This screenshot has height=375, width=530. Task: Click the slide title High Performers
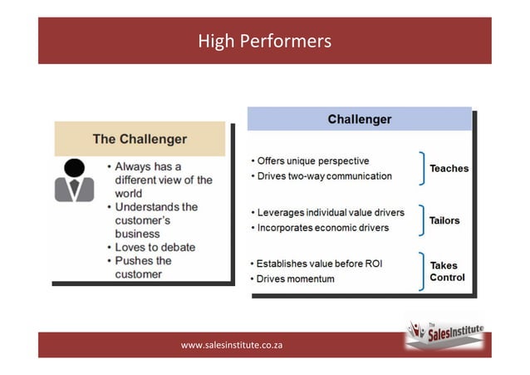(264, 41)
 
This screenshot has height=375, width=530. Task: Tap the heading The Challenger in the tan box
(140, 139)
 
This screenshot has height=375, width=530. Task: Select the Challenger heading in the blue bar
(359, 119)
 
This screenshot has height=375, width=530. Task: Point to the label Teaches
(449, 168)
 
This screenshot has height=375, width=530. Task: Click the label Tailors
(444, 220)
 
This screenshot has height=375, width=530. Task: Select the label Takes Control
(447, 271)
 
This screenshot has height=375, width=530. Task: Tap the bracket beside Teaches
(422, 168)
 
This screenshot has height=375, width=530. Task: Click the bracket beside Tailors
(422, 220)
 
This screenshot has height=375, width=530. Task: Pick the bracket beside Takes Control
(422, 271)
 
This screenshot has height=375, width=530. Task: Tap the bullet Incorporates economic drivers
(322, 228)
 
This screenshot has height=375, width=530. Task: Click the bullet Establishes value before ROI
(320, 264)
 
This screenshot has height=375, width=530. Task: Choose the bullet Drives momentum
(295, 279)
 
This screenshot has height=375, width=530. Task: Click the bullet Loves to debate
(155, 247)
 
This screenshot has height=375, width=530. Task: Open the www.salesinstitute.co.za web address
(232, 343)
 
